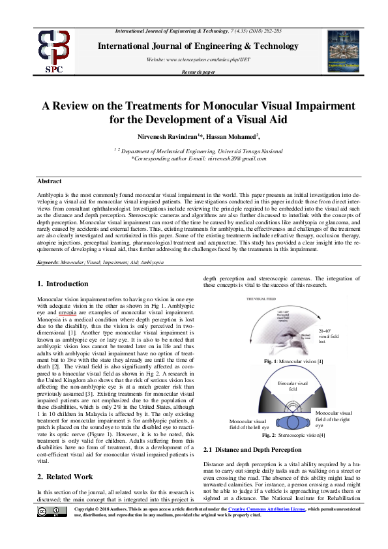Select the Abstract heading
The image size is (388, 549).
[49, 181]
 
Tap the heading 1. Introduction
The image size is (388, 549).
[63, 284]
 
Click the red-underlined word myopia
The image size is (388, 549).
[67, 312]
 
